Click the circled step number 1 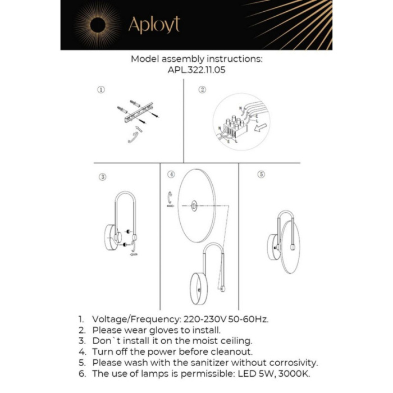pos(101,89)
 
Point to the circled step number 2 pos(202,89)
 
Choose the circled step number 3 pos(103,177)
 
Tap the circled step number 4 pos(171,175)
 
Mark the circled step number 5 pos(261,175)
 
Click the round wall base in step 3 pos(111,239)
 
